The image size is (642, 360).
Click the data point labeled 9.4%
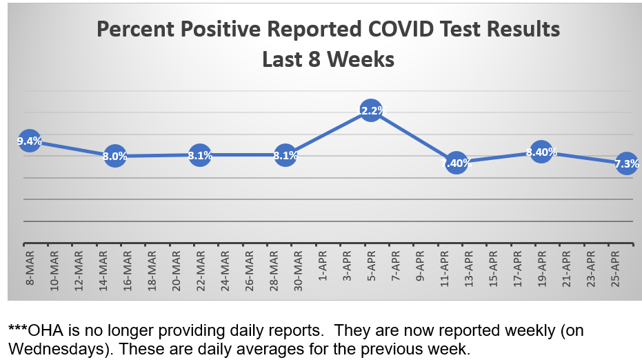coord(29,141)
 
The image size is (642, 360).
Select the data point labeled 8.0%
coord(114,156)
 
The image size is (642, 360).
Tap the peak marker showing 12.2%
coord(371,110)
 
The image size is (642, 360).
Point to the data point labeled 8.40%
coord(541,152)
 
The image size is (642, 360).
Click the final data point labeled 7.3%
coord(626,163)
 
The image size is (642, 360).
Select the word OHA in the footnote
coord(43,331)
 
